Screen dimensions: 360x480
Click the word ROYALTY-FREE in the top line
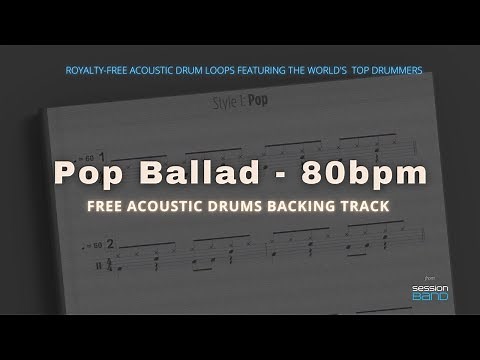(92, 70)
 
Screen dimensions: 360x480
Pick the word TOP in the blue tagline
(367, 70)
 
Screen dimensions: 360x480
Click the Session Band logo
(430, 291)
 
